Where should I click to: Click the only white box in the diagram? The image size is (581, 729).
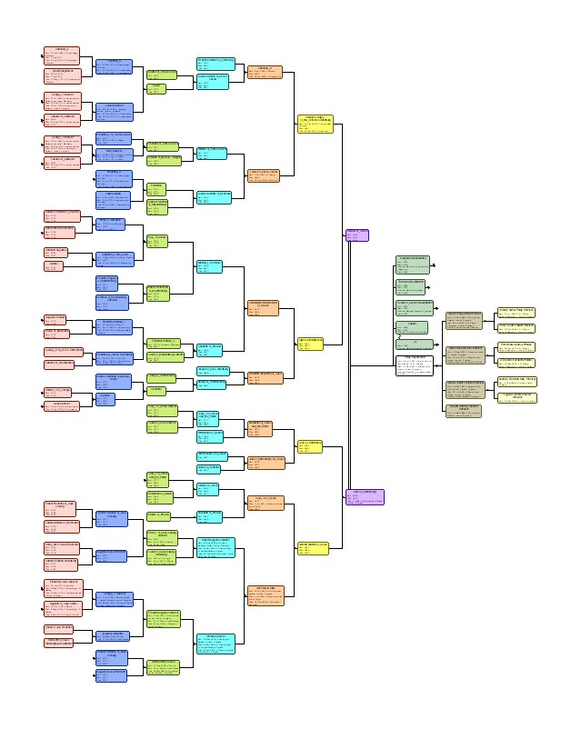[x=414, y=365]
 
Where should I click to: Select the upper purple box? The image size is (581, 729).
[x=357, y=235]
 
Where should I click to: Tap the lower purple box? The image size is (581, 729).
[x=365, y=496]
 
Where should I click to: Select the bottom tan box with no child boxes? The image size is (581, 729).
[x=464, y=408]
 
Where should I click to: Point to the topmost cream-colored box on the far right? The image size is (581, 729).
[x=516, y=312]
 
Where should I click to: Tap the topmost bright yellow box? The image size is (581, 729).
[x=315, y=124]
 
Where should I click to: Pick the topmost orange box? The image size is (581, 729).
[x=265, y=72]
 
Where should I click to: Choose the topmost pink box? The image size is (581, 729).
[x=62, y=54]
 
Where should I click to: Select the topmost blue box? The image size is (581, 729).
[x=114, y=65]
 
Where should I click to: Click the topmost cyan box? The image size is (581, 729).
[x=215, y=63]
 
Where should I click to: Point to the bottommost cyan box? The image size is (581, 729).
[x=215, y=644]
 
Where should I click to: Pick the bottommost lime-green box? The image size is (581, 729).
[x=164, y=668]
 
